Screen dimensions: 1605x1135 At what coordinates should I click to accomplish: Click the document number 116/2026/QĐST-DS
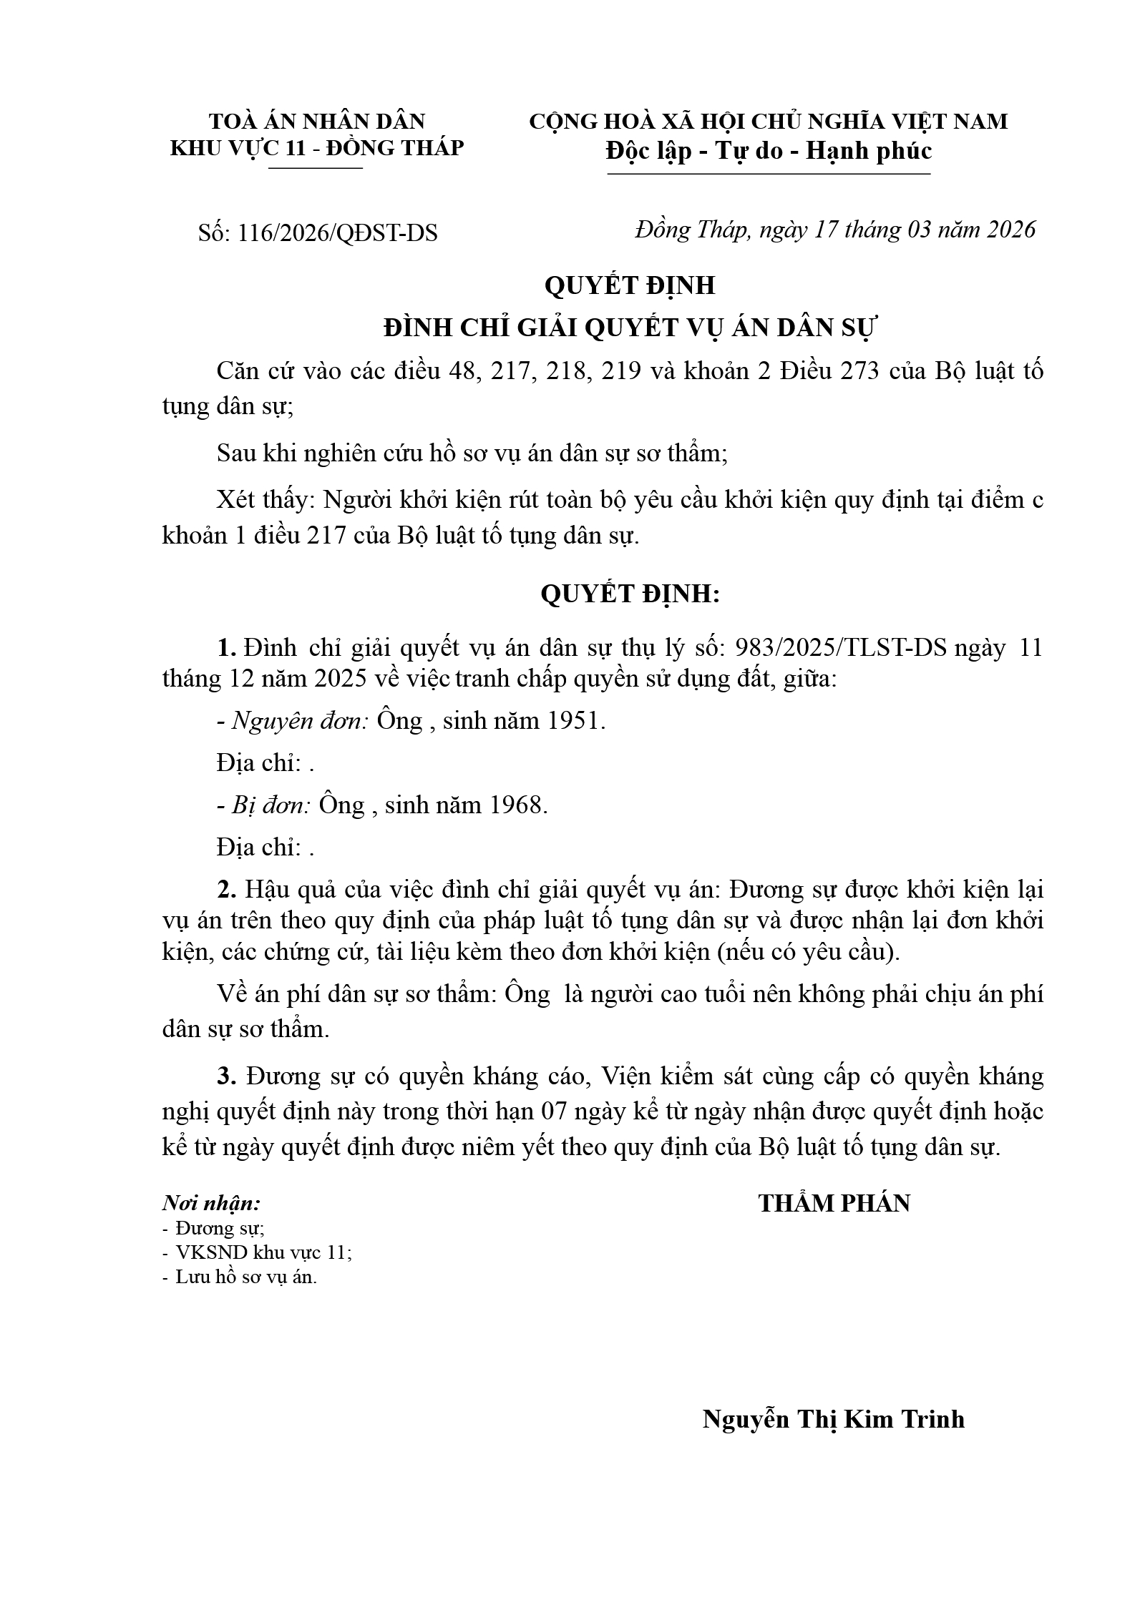pyautogui.click(x=338, y=233)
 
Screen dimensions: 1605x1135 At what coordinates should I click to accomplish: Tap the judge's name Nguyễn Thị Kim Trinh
pyautogui.click(x=833, y=1418)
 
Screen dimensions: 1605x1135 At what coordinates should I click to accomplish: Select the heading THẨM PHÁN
pyautogui.click(x=834, y=1204)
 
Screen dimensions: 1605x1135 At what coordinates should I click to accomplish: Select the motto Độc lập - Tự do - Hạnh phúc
pyautogui.click(x=769, y=152)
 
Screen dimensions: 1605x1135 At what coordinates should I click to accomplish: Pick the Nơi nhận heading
pyautogui.click(x=211, y=1204)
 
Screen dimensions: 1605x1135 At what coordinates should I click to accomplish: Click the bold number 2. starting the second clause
pyautogui.click(x=227, y=890)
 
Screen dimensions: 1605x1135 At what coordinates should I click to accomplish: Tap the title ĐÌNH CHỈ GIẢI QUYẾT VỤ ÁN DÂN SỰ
pyautogui.click(x=630, y=328)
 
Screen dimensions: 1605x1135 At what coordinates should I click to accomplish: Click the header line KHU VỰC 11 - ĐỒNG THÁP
pyautogui.click(x=316, y=148)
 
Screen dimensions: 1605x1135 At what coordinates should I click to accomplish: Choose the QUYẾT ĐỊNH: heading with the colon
pyautogui.click(x=630, y=594)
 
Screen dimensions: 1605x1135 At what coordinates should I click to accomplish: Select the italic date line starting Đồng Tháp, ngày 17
pyautogui.click(x=834, y=230)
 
